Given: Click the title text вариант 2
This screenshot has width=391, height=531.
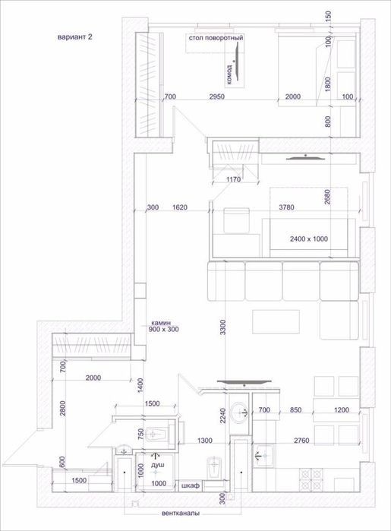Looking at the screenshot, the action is point(75,37).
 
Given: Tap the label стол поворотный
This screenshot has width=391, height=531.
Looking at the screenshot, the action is point(216,38).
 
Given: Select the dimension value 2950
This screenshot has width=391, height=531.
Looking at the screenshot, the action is point(216,96).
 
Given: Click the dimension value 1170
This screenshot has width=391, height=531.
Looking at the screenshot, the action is point(233,179).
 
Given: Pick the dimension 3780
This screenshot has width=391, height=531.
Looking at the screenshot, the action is point(286,207).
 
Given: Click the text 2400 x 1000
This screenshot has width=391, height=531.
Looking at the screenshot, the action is point(309,239).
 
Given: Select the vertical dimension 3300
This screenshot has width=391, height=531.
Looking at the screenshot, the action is point(222,327).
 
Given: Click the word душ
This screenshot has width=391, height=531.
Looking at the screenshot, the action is point(158,465).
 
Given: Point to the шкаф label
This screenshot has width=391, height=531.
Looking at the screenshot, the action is point(191,485).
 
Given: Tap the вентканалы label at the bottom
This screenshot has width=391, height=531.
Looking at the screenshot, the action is point(181,513).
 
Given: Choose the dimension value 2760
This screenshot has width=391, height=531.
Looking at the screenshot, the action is point(301,441).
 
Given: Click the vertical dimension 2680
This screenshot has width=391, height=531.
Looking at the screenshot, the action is point(327,197).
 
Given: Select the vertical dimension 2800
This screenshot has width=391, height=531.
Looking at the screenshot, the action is point(62,409).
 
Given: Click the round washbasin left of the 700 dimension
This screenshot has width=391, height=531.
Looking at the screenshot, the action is point(240,412).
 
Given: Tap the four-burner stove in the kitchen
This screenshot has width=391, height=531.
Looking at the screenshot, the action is point(311,479).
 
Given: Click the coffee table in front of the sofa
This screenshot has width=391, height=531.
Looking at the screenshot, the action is point(276,322).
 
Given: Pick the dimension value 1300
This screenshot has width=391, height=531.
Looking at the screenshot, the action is point(205,441).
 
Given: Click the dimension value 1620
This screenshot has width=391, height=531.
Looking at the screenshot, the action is point(180,207).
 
